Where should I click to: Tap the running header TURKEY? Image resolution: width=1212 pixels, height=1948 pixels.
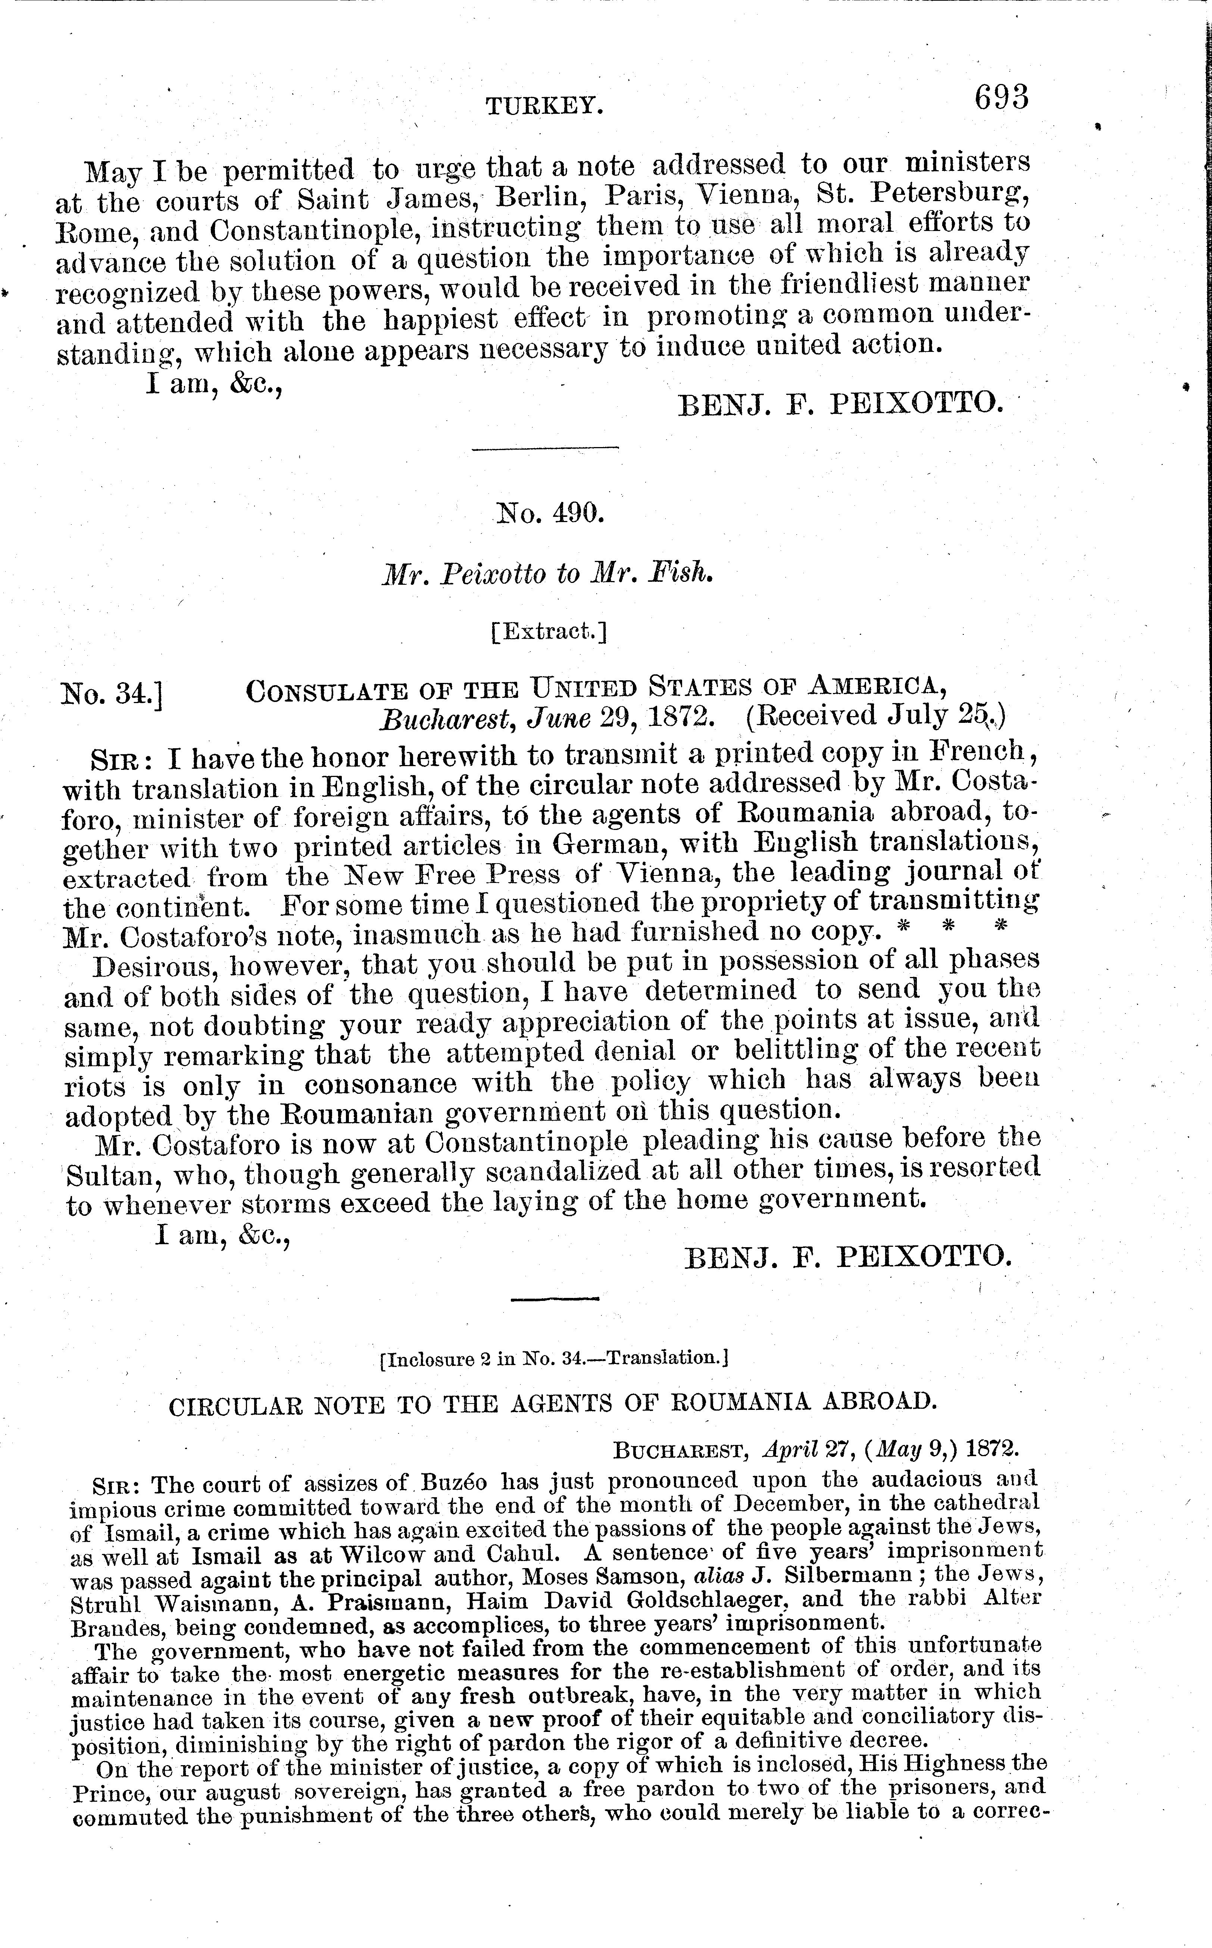[x=544, y=105]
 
